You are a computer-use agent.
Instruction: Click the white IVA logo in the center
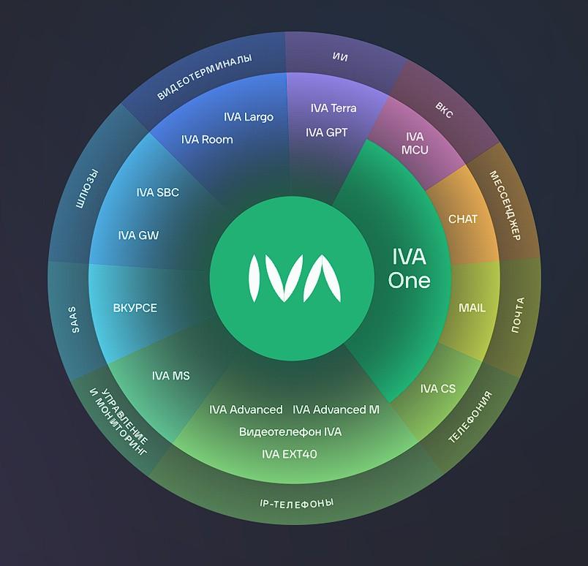[x=293, y=279]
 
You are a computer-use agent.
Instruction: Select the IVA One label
[x=409, y=268]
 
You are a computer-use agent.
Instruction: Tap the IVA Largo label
[x=249, y=116]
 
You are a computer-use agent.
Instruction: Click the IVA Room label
[x=207, y=139]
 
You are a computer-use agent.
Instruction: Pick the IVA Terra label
[x=333, y=108]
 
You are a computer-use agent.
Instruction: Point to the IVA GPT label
[x=327, y=132]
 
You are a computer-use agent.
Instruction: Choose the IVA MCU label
[x=415, y=143]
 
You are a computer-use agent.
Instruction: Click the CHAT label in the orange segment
[x=462, y=219]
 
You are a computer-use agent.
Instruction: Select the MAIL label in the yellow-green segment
[x=472, y=308]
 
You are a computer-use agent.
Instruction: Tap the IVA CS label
[x=438, y=388]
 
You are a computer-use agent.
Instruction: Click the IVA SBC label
[x=157, y=192]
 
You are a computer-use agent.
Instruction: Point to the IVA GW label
[x=138, y=235]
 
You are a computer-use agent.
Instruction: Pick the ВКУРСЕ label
[x=135, y=308]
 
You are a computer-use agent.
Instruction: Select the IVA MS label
[x=171, y=376]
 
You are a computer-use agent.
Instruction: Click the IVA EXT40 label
[x=290, y=454]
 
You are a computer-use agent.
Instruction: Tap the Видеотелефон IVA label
[x=290, y=431]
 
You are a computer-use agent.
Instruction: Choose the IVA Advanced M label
[x=336, y=410]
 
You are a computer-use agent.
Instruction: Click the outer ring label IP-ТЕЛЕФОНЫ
[x=297, y=504]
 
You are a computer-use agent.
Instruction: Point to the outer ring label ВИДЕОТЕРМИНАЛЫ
[x=205, y=78]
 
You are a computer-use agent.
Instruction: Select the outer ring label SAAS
[x=75, y=320]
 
